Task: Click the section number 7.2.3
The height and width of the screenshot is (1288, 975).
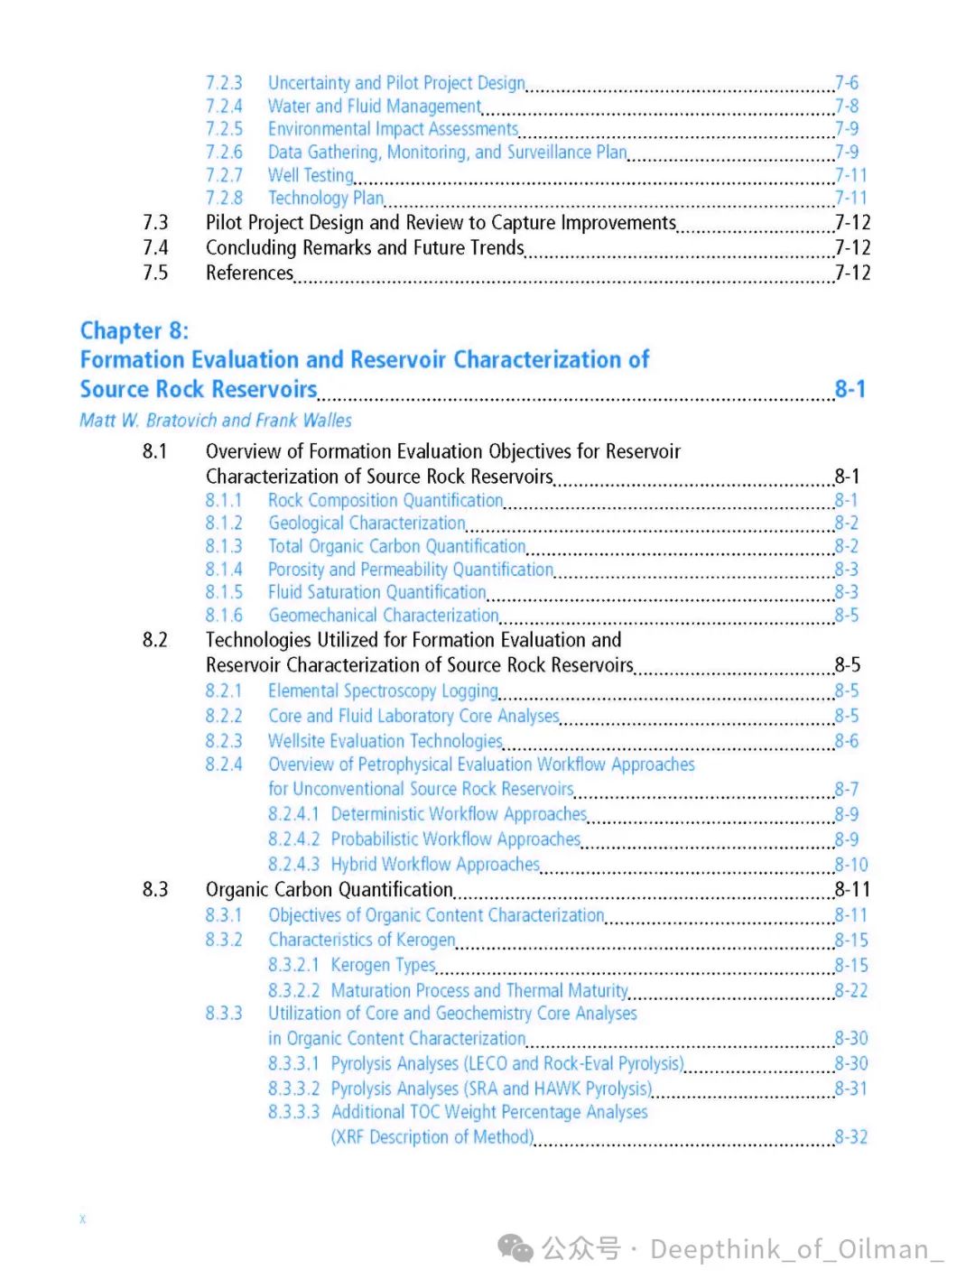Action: pos(223,83)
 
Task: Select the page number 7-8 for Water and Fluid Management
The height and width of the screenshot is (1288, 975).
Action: pos(847,107)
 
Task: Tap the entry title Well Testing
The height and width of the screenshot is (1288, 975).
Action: pos(311,175)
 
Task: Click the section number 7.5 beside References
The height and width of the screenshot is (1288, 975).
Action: pos(155,273)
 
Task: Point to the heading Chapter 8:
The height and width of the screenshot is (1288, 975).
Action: pos(135,330)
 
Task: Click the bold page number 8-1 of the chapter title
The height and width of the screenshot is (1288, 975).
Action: pos(850,389)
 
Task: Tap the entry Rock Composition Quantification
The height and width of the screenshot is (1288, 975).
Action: pos(385,500)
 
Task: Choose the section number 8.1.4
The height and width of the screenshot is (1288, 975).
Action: pos(224,570)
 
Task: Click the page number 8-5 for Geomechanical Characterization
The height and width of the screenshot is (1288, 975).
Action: pos(847,616)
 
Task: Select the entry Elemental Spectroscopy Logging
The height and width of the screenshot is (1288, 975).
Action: pos(383,691)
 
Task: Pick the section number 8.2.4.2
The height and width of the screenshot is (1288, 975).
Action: pos(293,839)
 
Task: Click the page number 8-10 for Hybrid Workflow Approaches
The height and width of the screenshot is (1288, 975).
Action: pos(851,865)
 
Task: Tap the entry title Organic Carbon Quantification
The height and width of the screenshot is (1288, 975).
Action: pos(329,890)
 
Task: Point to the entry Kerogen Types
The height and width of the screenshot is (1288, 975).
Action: pos(383,966)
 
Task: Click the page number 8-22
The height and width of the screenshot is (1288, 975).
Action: pos(851,991)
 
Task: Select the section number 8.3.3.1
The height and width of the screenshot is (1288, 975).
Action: pos(293,1064)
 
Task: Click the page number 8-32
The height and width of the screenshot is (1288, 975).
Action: pos(851,1137)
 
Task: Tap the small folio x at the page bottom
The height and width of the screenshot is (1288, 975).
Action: pos(82,1219)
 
